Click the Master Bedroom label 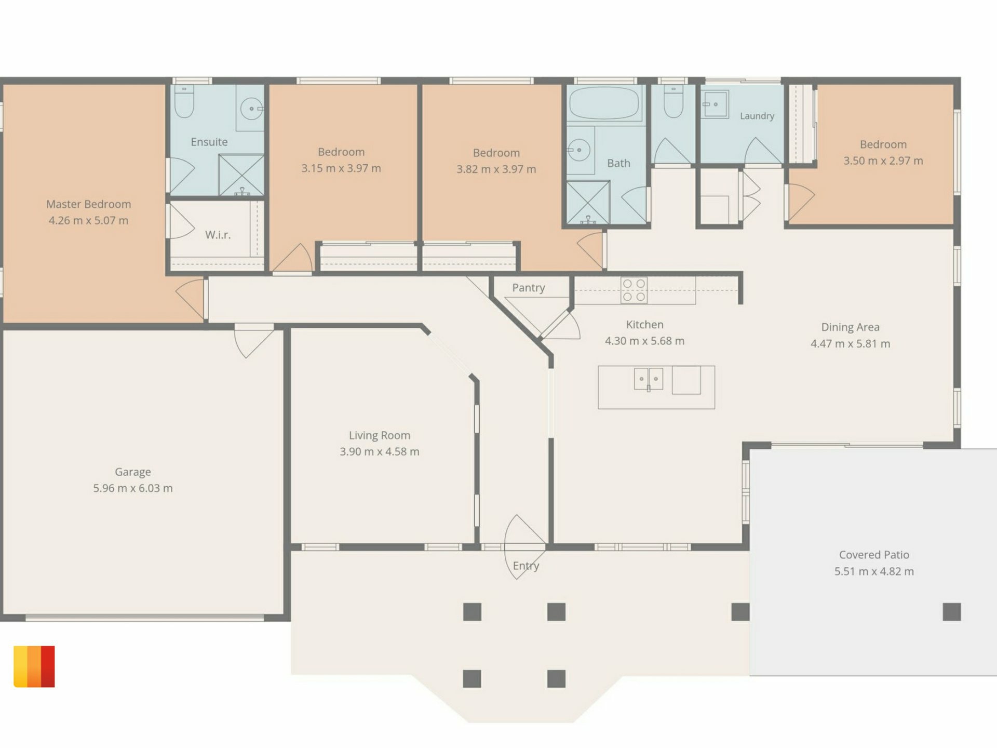(x=88, y=204)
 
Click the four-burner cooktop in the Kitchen (x=634, y=290)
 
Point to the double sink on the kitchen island (x=649, y=379)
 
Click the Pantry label (x=529, y=288)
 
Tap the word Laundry (x=757, y=116)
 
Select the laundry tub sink (x=715, y=104)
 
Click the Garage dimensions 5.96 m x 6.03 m (x=133, y=488)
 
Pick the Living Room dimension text (x=380, y=451)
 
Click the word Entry (x=526, y=566)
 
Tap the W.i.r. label (x=218, y=235)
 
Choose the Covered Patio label (x=874, y=555)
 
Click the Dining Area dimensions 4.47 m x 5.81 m (x=851, y=343)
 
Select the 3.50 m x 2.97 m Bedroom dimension (x=883, y=161)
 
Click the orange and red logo (x=34, y=666)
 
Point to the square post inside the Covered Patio (x=952, y=612)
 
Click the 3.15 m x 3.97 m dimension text (x=341, y=168)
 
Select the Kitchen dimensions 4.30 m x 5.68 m (x=644, y=341)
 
